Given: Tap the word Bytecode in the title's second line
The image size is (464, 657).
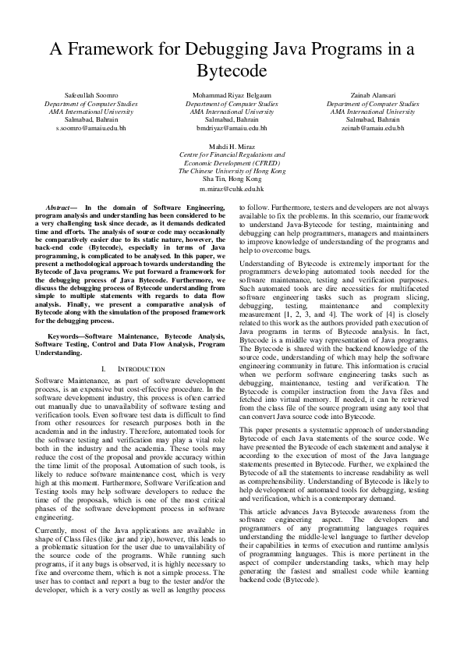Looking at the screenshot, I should pos(232,71).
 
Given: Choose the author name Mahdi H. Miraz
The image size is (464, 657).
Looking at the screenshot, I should pos(232,147).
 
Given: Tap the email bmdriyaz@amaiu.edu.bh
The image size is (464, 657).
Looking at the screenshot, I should pos(232,127).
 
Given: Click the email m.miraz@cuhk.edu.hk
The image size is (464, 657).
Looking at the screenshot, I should pos(232,188).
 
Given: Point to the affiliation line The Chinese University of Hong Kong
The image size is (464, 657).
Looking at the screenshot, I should pos(232,171).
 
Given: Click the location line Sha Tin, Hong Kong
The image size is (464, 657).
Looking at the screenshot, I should pos(232,179).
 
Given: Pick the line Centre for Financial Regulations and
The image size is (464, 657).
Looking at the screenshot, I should pos(232,154).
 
